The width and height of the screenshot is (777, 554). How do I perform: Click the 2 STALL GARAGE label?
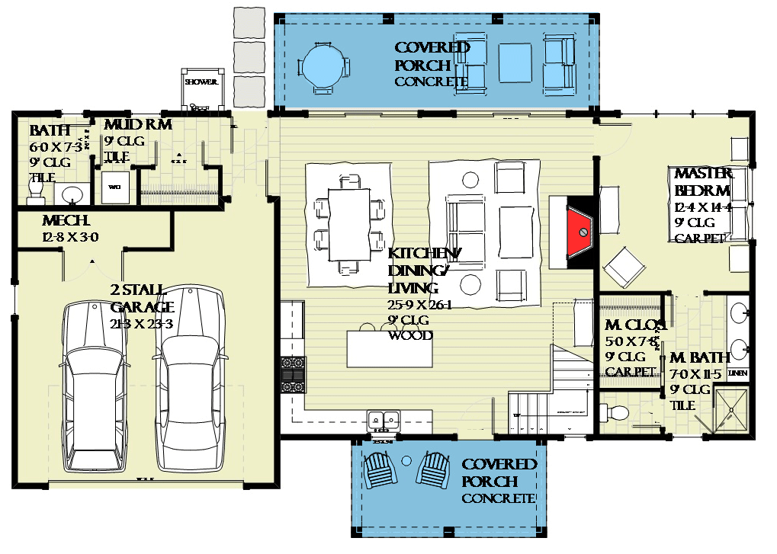142,299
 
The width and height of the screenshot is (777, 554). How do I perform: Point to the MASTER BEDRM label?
702,182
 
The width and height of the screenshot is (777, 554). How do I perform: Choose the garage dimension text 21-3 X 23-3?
142,323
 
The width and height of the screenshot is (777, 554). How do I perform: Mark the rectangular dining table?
348,224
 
